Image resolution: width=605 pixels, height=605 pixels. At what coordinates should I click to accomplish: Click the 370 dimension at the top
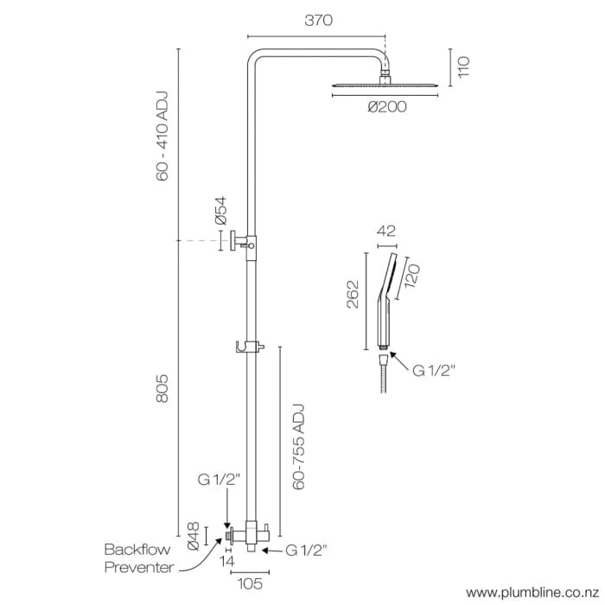[x=318, y=21]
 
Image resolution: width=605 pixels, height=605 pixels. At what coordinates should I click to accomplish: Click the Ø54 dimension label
[x=220, y=212]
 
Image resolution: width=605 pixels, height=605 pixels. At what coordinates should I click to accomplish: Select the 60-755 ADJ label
[x=299, y=446]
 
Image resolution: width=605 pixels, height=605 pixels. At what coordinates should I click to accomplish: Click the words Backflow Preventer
[x=139, y=557]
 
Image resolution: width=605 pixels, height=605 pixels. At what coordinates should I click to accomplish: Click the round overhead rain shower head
[x=386, y=84]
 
